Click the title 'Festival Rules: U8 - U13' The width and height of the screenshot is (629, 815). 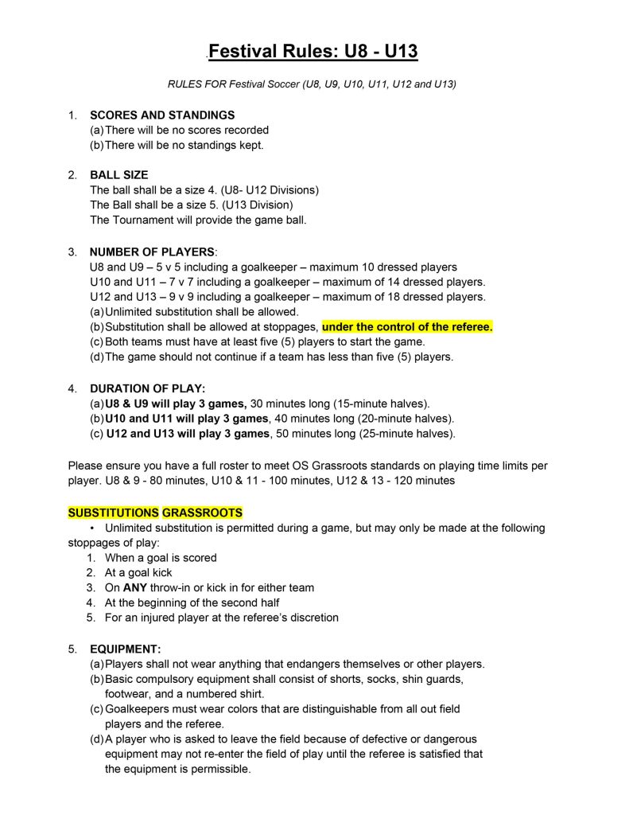coord(313,53)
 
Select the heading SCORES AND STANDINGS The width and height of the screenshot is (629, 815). coord(162,115)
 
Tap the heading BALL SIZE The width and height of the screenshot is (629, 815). coord(119,175)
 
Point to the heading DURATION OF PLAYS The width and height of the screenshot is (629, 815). coord(148,388)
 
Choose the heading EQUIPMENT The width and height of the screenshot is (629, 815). coord(126,649)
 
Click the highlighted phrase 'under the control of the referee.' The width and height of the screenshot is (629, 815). coord(407,326)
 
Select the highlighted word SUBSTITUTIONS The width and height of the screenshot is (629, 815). coord(114,513)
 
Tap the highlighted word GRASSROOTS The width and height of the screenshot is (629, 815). coord(203,513)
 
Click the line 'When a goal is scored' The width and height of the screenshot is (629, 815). coord(161,558)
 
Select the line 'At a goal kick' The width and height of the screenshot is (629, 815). coord(138,573)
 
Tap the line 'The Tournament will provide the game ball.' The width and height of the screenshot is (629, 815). coord(198,220)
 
